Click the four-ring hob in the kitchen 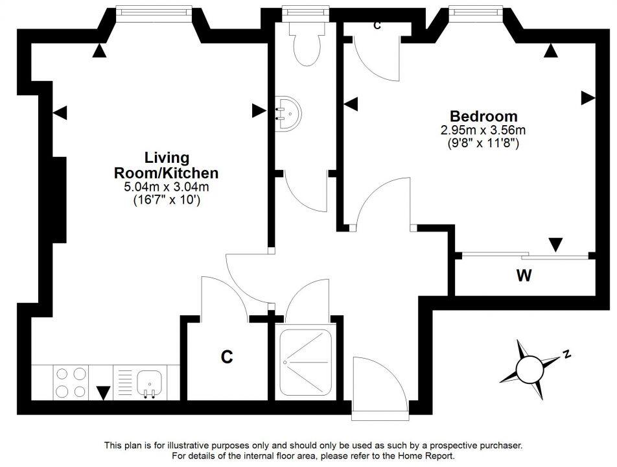(x=71, y=382)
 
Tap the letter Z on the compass (x=566, y=354)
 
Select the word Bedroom (x=483, y=117)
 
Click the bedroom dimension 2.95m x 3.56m (x=483, y=130)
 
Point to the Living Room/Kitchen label (x=166, y=165)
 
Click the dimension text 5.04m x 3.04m (x=166, y=187)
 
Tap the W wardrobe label (x=524, y=276)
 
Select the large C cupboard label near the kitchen (x=226, y=357)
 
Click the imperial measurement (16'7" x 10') (x=166, y=200)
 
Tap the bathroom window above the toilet (x=305, y=10)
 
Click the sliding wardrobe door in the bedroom (x=525, y=254)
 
